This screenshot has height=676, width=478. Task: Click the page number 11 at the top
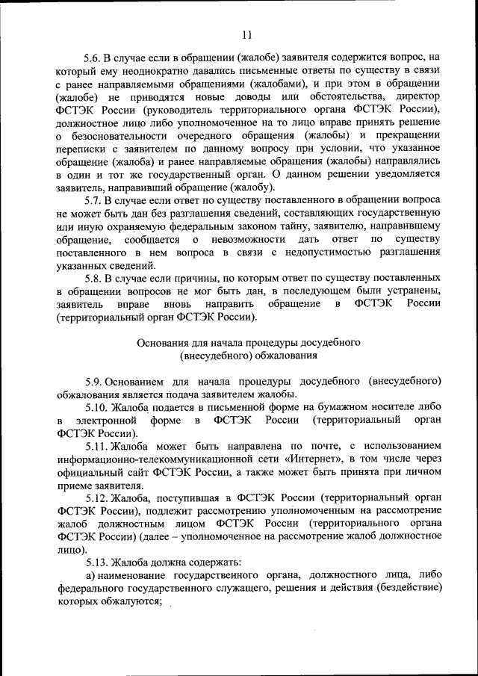tap(247, 34)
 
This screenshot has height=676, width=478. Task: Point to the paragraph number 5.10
tap(96, 407)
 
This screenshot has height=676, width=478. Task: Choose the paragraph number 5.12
tap(96, 497)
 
